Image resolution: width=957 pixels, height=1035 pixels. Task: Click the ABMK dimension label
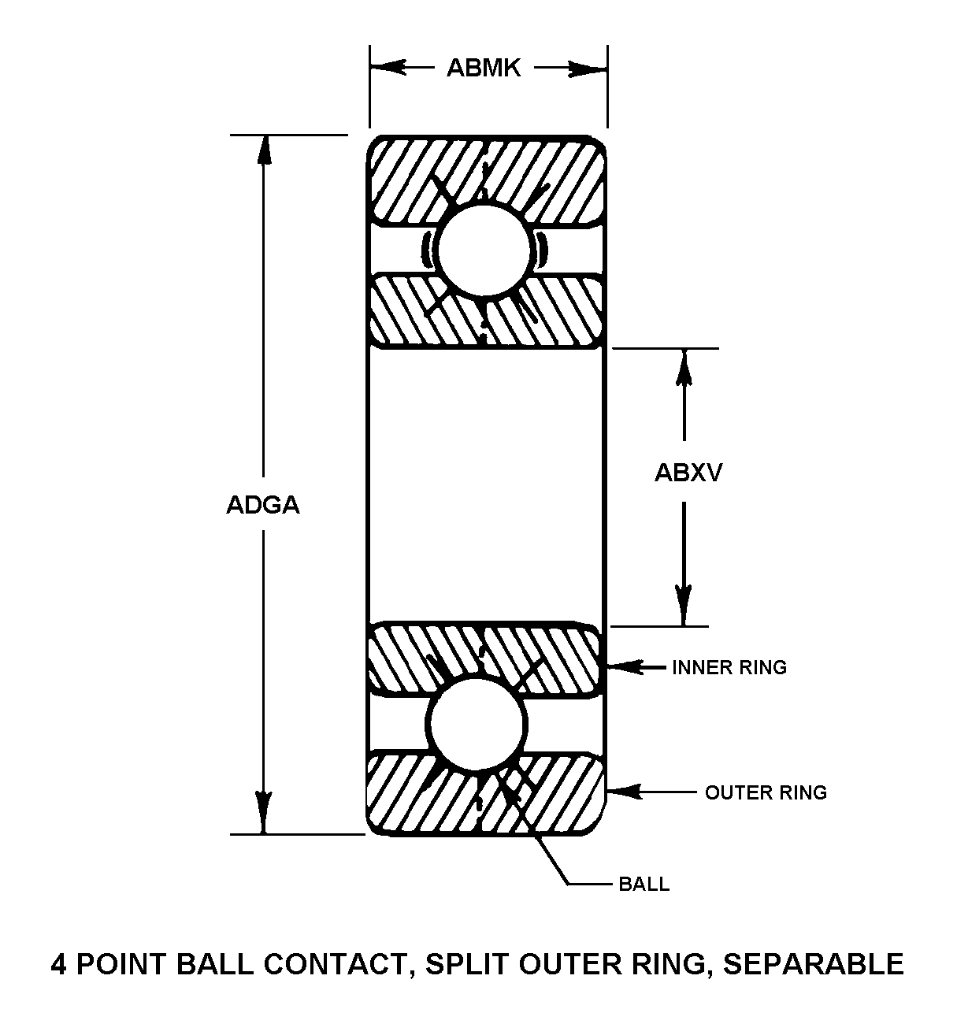tap(484, 69)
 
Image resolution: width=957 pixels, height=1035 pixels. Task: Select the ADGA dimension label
tap(263, 505)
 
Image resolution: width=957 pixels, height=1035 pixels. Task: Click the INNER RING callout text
tap(729, 668)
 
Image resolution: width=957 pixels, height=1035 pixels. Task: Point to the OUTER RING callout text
tap(766, 792)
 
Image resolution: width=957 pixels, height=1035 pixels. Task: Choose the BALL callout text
tap(644, 884)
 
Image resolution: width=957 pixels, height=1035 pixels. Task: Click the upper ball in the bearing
tap(484, 250)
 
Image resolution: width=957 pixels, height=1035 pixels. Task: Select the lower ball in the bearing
tap(477, 723)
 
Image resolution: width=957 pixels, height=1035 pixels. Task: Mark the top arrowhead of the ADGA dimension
tap(264, 149)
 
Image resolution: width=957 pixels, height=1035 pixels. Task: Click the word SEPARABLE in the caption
tap(814, 964)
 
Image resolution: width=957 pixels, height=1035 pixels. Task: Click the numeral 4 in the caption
tap(58, 964)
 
